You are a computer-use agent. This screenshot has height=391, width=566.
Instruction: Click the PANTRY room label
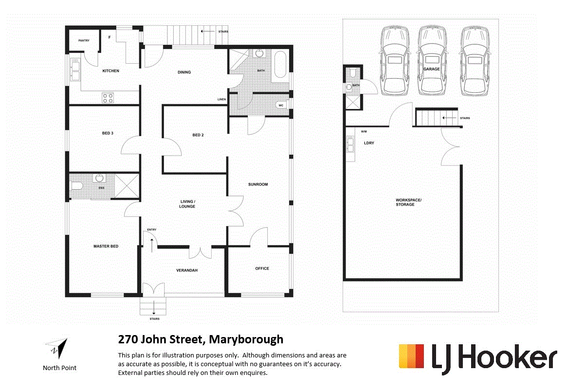coord(84,40)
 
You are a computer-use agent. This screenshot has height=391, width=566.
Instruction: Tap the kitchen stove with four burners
coord(108,98)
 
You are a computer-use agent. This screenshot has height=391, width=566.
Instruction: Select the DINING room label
coord(184,72)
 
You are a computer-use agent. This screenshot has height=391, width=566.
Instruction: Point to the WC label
coord(281,106)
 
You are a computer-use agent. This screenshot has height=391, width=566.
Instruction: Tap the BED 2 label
coord(198,135)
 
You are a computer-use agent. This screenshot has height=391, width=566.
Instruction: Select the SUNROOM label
coord(258,184)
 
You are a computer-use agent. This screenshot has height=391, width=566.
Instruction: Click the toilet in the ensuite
coord(76,186)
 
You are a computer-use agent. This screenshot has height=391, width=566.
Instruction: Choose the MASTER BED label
coord(106,247)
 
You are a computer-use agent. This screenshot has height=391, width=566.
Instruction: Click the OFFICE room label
coord(262,268)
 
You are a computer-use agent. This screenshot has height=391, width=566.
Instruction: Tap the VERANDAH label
coord(187,270)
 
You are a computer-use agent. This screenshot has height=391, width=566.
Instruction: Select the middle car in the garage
coord(431,61)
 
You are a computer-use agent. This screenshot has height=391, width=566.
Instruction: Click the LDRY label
coord(368,143)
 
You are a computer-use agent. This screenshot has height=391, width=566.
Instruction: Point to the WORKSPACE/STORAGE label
coord(405,202)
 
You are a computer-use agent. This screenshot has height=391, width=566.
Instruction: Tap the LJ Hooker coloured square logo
coord(412,356)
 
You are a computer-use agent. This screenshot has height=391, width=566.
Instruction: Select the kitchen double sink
coord(75,70)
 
